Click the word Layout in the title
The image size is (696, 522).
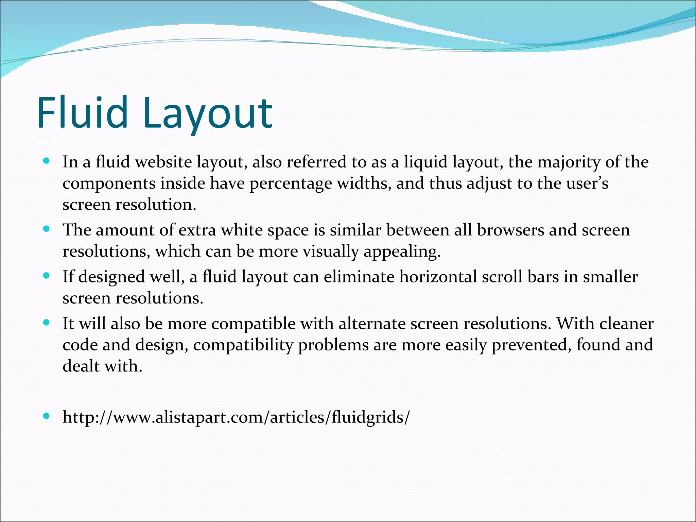pos(207,114)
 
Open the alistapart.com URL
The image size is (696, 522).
pos(236,417)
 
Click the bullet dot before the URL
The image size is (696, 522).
pos(47,416)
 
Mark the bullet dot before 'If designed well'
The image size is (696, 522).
pos(47,275)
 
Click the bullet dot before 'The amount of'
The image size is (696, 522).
pos(47,229)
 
